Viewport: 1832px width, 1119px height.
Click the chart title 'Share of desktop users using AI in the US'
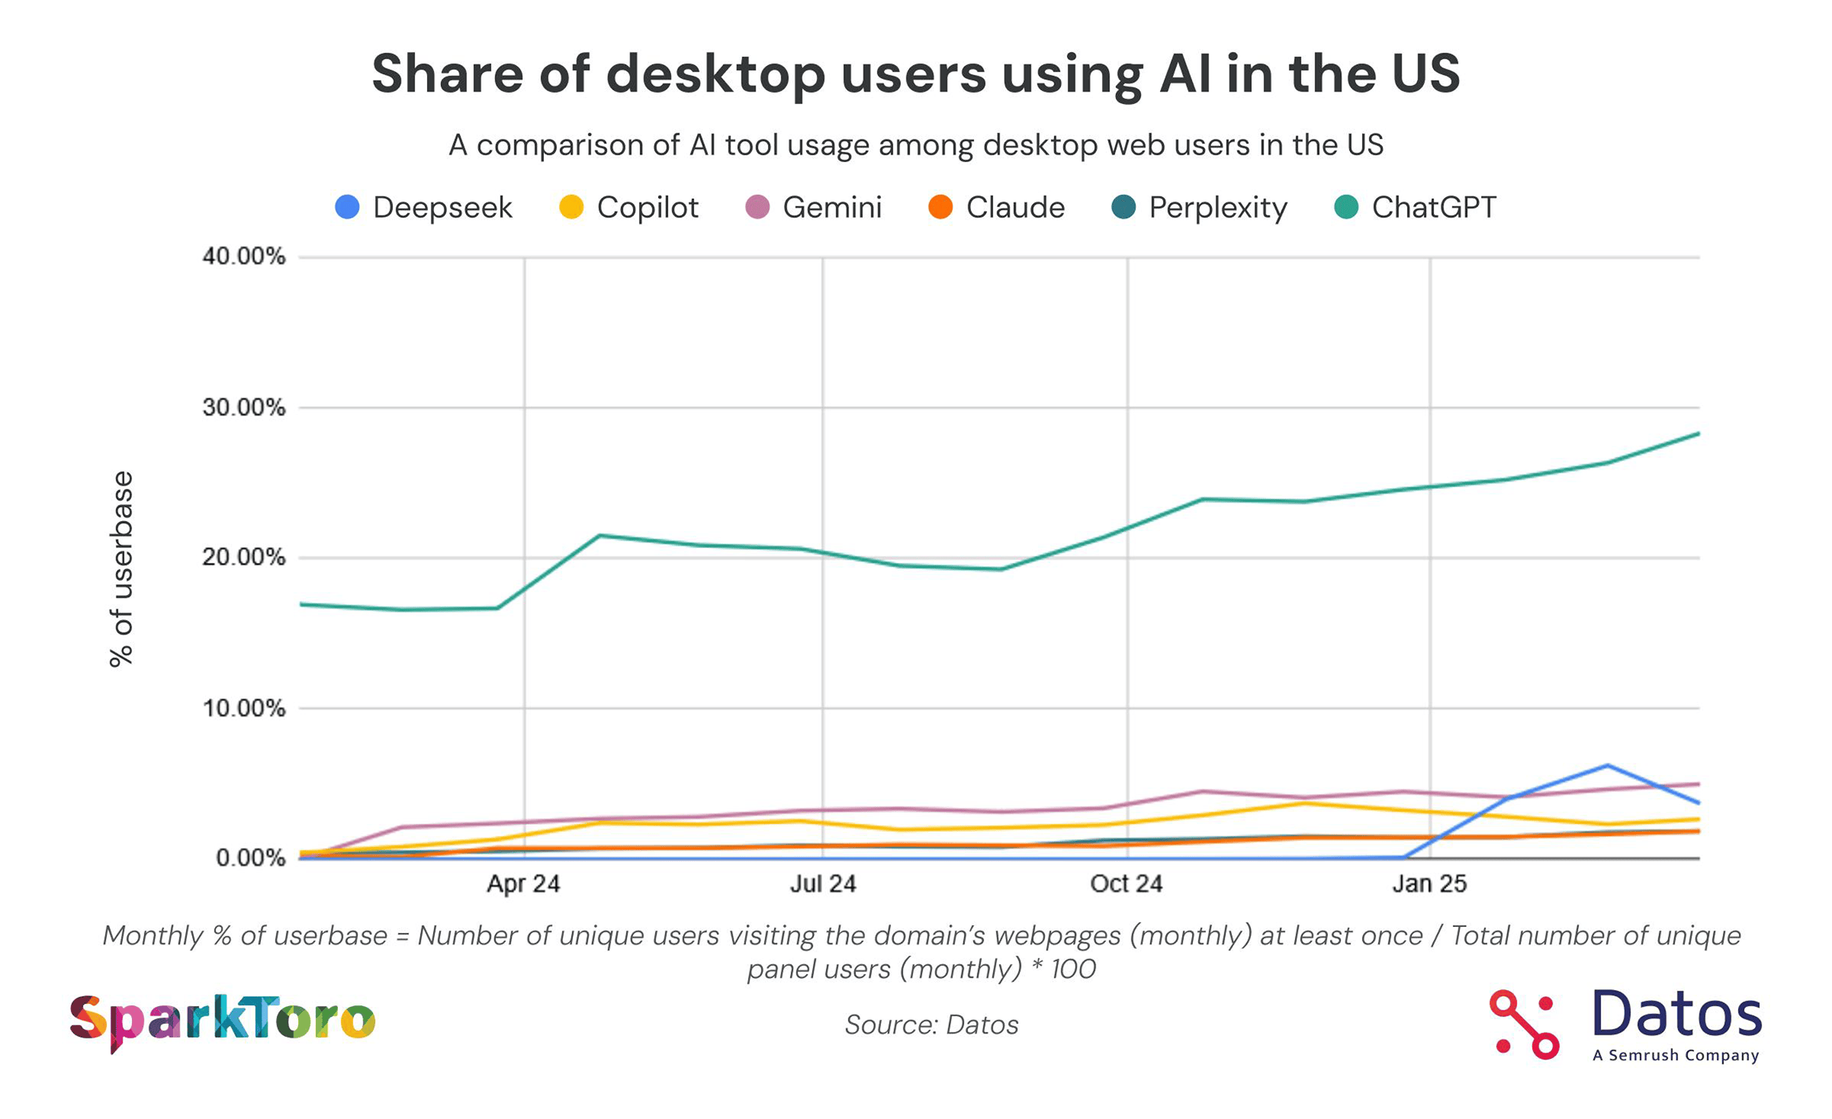click(915, 73)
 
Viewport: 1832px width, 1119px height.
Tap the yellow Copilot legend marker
click(571, 207)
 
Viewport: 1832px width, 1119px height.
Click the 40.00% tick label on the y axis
click(243, 256)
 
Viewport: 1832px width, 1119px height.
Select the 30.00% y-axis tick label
click(243, 407)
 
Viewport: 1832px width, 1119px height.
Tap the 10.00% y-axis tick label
click(243, 708)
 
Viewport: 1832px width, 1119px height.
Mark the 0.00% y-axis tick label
click(250, 858)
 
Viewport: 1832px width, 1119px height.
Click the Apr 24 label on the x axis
click(522, 883)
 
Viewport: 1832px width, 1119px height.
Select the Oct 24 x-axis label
click(1126, 883)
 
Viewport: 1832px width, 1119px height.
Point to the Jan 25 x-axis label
click(1428, 883)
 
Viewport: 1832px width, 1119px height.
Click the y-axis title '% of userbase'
click(121, 569)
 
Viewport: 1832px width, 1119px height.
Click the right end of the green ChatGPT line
click(1697, 434)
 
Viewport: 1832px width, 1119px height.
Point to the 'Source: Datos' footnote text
click(931, 1024)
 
